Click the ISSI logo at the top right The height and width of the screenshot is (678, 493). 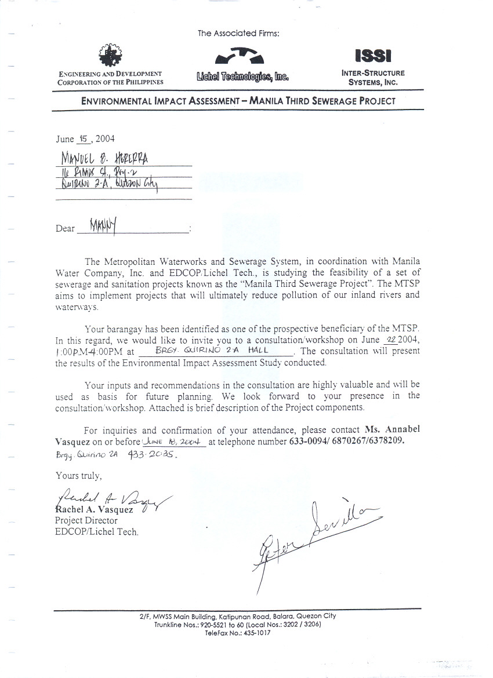[x=374, y=56]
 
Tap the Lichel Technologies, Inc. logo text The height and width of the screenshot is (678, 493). [x=242, y=76]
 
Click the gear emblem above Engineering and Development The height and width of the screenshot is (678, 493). [x=110, y=55]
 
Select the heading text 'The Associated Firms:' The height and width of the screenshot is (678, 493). [x=238, y=34]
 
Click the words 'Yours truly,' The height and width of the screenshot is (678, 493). [x=78, y=476]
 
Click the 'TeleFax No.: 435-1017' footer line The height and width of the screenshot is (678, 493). [x=238, y=633]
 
